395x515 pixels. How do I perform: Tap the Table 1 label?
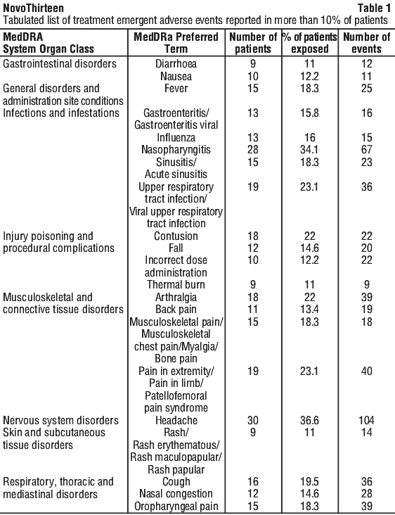point(374,8)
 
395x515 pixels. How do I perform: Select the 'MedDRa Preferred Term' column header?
point(176,43)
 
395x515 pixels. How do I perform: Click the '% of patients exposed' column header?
point(310,43)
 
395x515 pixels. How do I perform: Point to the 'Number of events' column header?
point(366,43)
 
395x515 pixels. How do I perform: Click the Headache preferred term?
point(176,420)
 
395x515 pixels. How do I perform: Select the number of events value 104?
point(366,420)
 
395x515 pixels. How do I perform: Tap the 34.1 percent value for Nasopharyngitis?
point(309,149)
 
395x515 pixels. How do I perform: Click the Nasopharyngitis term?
point(176,150)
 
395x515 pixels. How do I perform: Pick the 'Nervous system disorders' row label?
point(60,421)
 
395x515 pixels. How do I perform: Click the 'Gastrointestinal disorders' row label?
point(60,63)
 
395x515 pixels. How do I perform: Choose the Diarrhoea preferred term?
point(176,63)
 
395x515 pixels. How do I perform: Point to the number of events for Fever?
point(366,89)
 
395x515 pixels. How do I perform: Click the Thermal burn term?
point(176,284)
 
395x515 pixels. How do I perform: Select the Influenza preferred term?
point(176,137)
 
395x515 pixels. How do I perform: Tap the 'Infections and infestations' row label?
point(61,113)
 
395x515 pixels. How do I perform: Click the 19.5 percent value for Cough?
point(309,481)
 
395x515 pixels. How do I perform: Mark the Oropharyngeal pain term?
point(176,507)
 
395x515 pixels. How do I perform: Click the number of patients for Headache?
point(252,420)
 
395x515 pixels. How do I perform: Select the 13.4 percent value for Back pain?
point(309,309)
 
